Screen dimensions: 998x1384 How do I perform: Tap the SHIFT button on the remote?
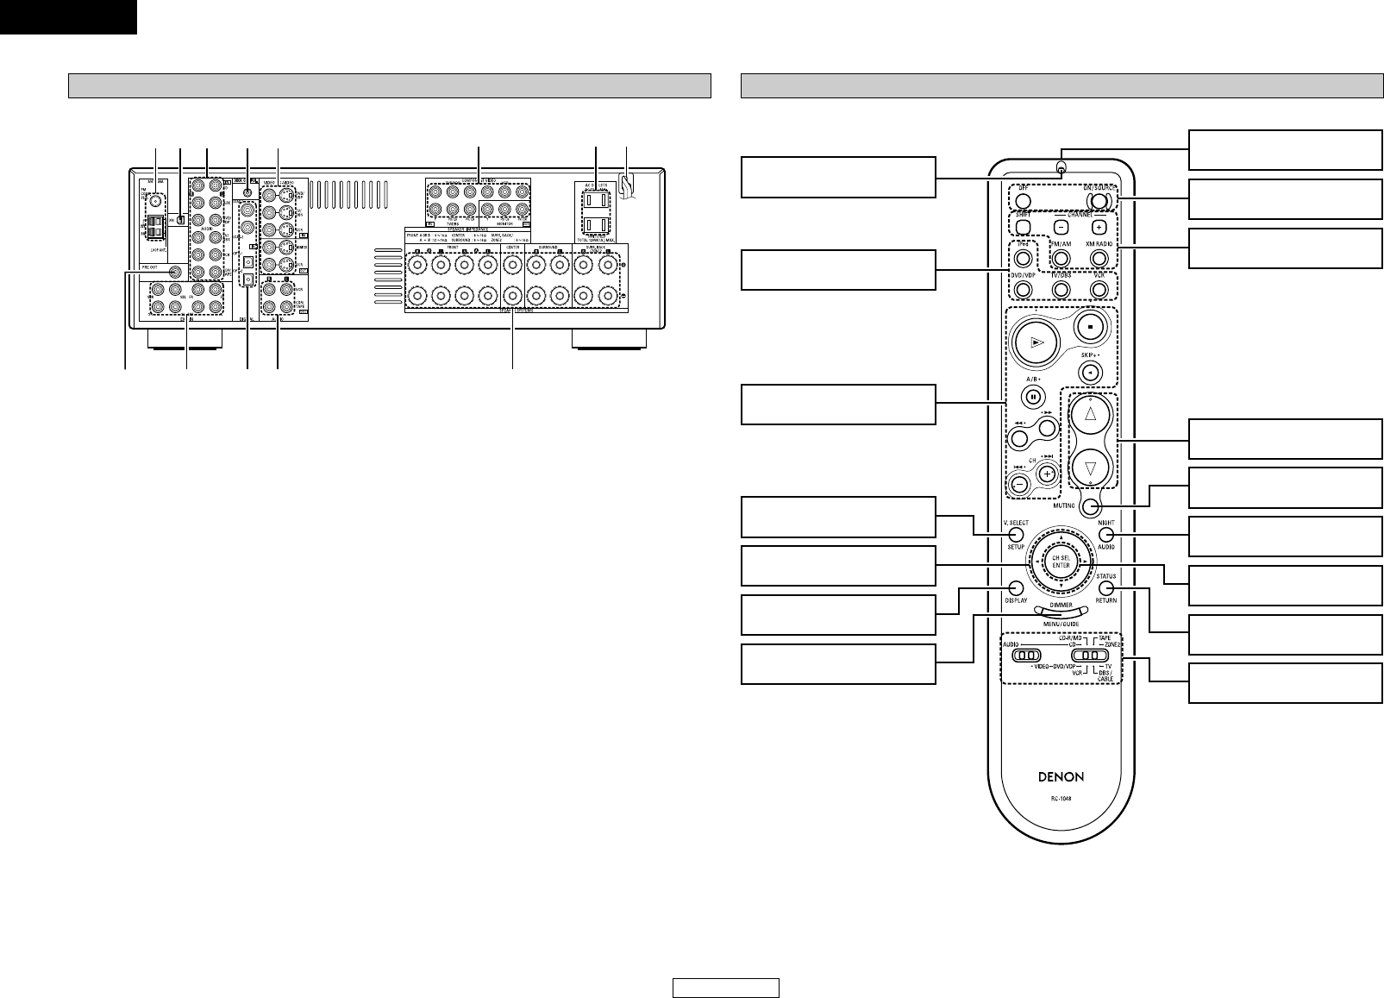(1023, 228)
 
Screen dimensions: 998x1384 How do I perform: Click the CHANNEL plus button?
(1099, 228)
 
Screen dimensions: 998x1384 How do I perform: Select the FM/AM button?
(1061, 256)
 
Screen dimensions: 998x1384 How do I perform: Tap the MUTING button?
(1091, 506)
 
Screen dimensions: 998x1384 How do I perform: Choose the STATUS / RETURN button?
(1105, 587)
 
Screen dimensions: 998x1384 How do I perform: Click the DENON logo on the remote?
(1061, 776)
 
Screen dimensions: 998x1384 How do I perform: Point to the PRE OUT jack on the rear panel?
(176, 273)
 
